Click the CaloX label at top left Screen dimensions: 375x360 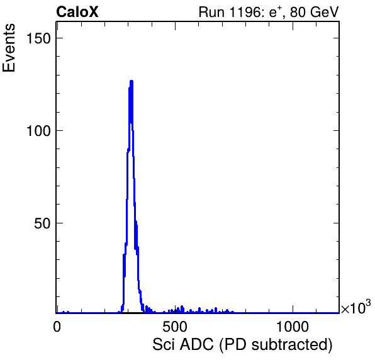point(77,12)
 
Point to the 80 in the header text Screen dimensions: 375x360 point(297,12)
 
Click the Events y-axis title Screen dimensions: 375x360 point(9,48)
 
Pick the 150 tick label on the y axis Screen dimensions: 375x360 point(39,38)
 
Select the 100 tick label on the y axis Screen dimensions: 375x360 point(39,131)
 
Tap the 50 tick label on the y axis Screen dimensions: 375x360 point(42,223)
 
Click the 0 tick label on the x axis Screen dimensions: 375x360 point(57,327)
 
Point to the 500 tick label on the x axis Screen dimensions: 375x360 point(175,327)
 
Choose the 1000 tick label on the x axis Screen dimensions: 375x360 point(292,327)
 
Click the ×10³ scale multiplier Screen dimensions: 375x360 point(356,307)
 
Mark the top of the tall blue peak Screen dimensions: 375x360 point(132,81)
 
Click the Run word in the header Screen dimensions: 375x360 point(211,13)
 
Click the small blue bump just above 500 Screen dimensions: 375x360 point(182,307)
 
